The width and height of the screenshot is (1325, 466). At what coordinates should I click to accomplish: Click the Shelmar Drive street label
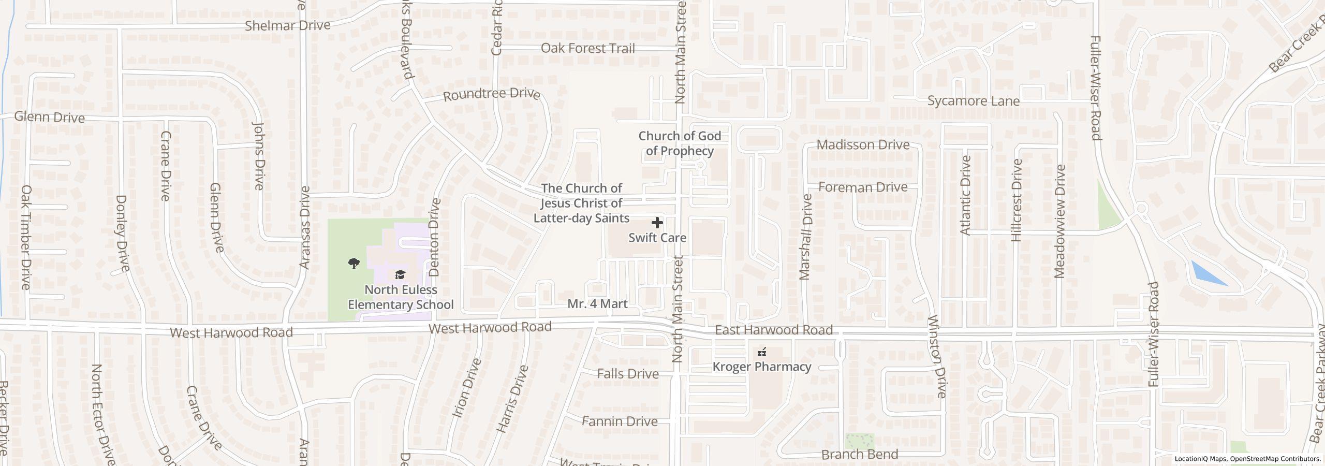[x=287, y=25]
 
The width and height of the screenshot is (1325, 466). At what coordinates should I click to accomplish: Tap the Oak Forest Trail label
[x=587, y=48]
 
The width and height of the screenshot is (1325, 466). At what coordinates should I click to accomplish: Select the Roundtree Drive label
[x=491, y=95]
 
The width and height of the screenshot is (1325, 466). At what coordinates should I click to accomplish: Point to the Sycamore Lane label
[x=973, y=101]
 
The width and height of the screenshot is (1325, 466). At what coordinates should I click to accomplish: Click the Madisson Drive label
[x=863, y=144]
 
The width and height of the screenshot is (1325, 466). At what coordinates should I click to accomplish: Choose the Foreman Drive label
[x=863, y=187]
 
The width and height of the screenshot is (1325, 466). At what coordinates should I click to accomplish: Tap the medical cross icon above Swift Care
[x=657, y=223]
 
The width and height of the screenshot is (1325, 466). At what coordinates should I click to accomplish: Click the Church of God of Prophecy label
[x=679, y=143]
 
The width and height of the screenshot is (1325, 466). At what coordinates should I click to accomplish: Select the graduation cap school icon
[x=400, y=274]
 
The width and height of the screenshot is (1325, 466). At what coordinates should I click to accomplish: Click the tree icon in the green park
[x=354, y=264]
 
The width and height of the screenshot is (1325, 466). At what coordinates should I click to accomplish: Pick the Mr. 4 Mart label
[x=597, y=304]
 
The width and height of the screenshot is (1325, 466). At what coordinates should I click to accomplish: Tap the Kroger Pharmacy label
[x=761, y=367]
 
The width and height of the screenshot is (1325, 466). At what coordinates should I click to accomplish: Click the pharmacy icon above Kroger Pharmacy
[x=761, y=353]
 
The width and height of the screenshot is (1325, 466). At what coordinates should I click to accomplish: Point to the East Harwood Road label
[x=773, y=330]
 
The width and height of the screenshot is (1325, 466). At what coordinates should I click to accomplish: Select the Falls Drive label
[x=627, y=374]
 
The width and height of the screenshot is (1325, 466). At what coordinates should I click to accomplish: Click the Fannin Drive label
[x=620, y=421]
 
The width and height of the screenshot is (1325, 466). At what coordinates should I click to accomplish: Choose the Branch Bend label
[x=859, y=455]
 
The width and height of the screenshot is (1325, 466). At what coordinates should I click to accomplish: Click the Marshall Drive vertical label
[x=805, y=237]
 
